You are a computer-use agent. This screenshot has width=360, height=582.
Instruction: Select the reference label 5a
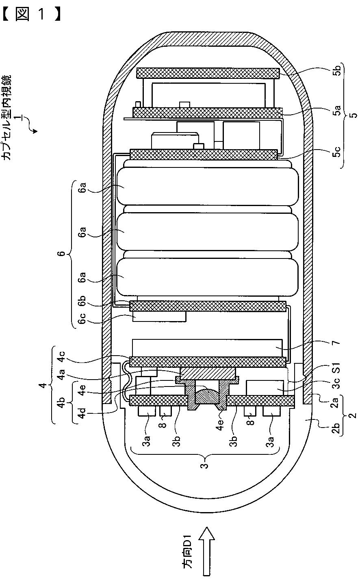coord(337,111)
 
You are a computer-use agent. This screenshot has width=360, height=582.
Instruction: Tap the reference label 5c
coord(337,152)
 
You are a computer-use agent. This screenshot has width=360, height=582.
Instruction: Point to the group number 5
coord(353,114)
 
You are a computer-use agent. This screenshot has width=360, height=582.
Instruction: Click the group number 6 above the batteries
coord(61,254)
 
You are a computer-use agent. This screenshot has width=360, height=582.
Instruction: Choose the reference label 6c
coord(82,318)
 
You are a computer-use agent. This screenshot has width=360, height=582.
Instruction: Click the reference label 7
coord(336,342)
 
